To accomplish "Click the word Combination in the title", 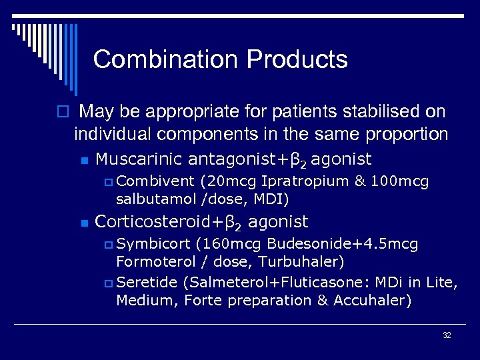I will tap(166, 59).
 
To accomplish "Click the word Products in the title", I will tap(297, 59).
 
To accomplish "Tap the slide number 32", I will tap(447, 335).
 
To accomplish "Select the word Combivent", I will tap(155, 181).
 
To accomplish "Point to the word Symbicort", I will tap(155, 244).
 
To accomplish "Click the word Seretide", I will tap(151, 283).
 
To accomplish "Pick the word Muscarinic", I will tap(140, 159).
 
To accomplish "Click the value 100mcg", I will tap(401, 181).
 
